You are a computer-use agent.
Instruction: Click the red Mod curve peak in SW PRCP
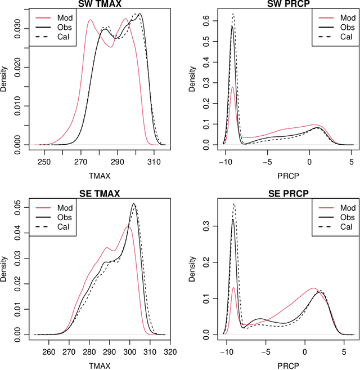coord(232,87)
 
